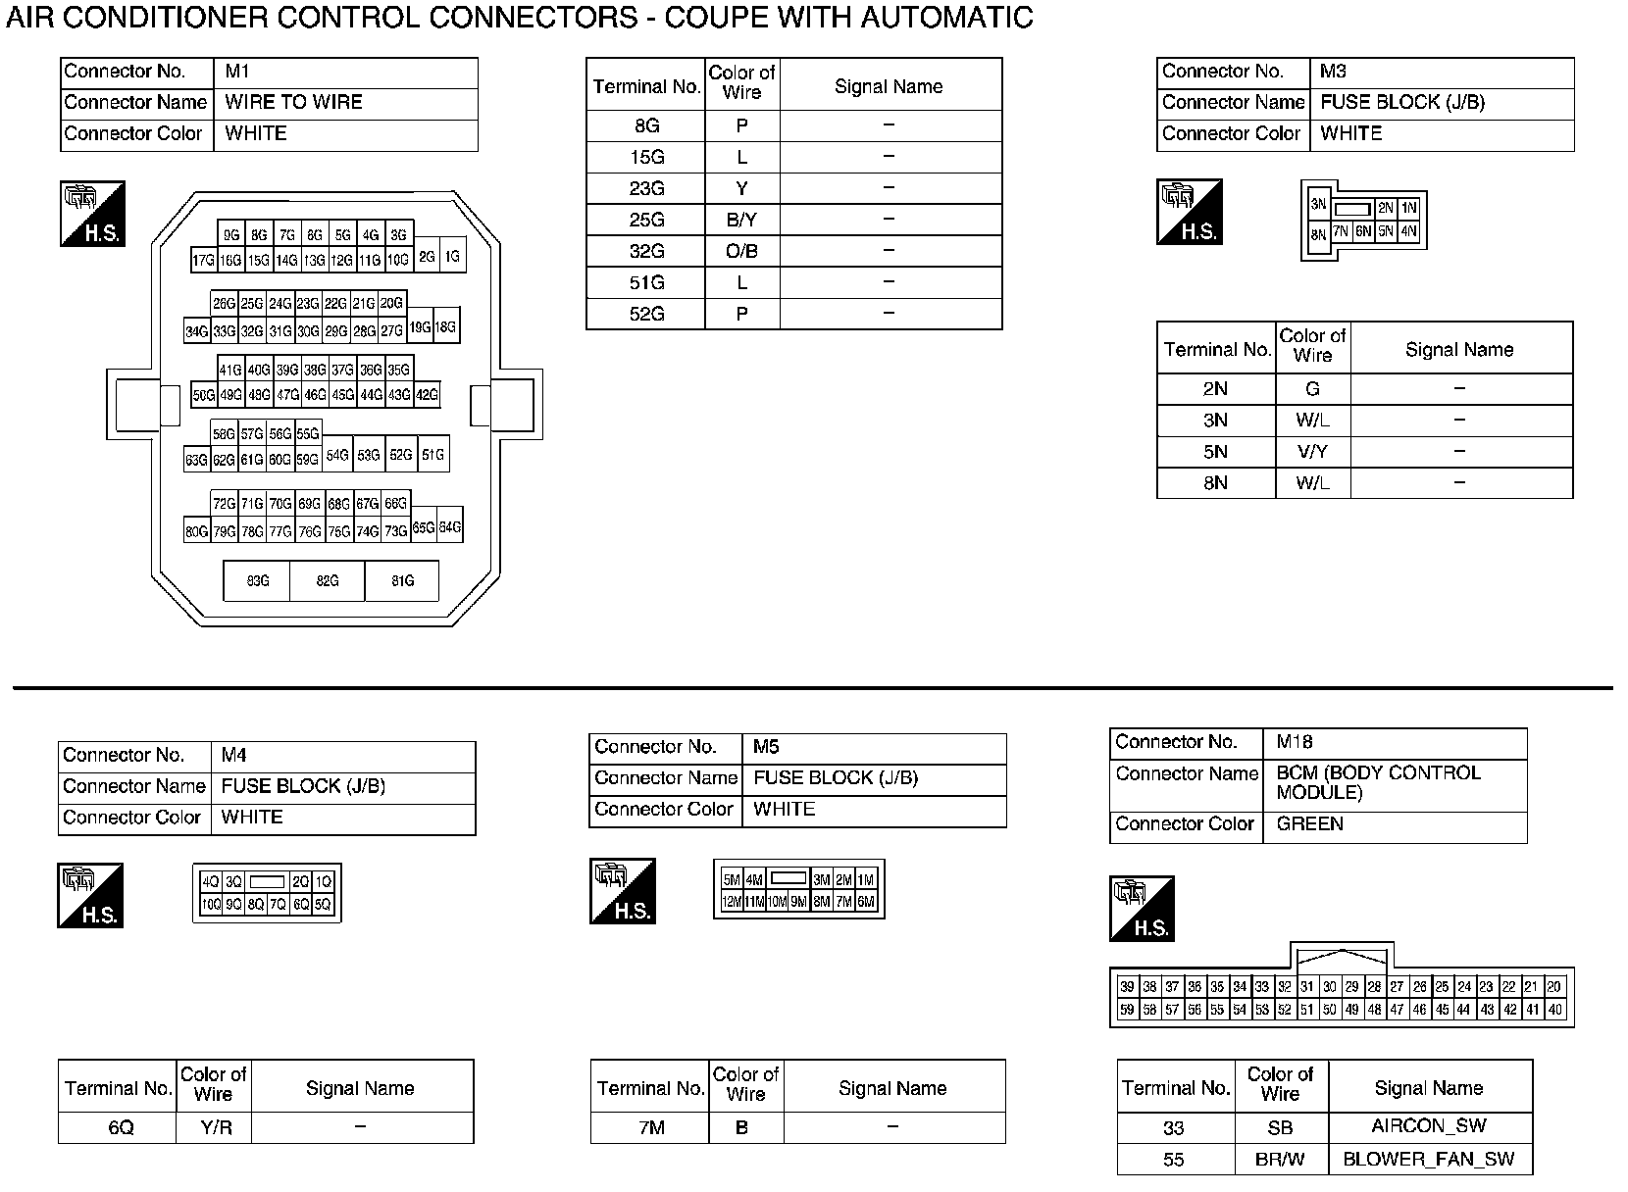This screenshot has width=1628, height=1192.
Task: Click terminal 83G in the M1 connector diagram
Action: pos(257,581)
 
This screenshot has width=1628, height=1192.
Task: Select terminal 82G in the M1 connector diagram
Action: pos(328,581)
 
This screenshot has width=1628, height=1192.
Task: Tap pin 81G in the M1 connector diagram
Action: pos(402,581)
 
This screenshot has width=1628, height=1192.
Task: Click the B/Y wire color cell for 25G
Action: pos(741,220)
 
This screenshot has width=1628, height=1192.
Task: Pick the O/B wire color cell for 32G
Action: pos(741,251)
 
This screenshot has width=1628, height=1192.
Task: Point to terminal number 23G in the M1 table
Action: pos(646,188)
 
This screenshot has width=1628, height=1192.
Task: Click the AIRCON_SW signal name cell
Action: pos(1429,1126)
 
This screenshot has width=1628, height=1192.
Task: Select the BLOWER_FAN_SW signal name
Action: pos(1429,1159)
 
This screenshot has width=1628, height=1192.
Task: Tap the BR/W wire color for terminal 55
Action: pos(1280,1159)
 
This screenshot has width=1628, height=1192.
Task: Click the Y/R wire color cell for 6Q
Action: pos(216,1128)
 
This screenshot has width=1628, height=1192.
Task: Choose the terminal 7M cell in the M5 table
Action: pos(651,1128)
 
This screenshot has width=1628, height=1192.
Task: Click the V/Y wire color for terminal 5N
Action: pos(1312,452)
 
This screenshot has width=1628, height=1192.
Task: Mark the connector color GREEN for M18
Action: pos(1309,824)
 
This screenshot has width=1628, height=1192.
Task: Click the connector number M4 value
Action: pos(233,755)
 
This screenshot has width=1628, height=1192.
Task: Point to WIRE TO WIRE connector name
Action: pos(293,102)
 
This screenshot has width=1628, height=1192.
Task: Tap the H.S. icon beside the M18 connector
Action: pos(1142,909)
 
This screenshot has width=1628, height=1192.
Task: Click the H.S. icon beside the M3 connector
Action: pos(1189,212)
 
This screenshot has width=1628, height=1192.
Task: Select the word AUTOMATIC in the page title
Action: pos(947,18)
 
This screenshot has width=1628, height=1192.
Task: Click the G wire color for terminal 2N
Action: pos(1312,389)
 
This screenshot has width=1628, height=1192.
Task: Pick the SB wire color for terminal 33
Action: pos(1280,1127)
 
